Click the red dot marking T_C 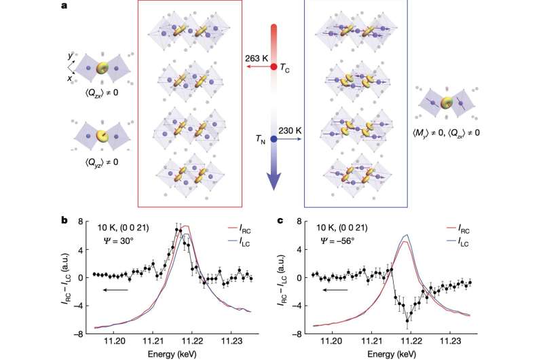(x=274, y=67)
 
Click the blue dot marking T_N (x=273, y=139)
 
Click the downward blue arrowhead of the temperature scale (x=274, y=182)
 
